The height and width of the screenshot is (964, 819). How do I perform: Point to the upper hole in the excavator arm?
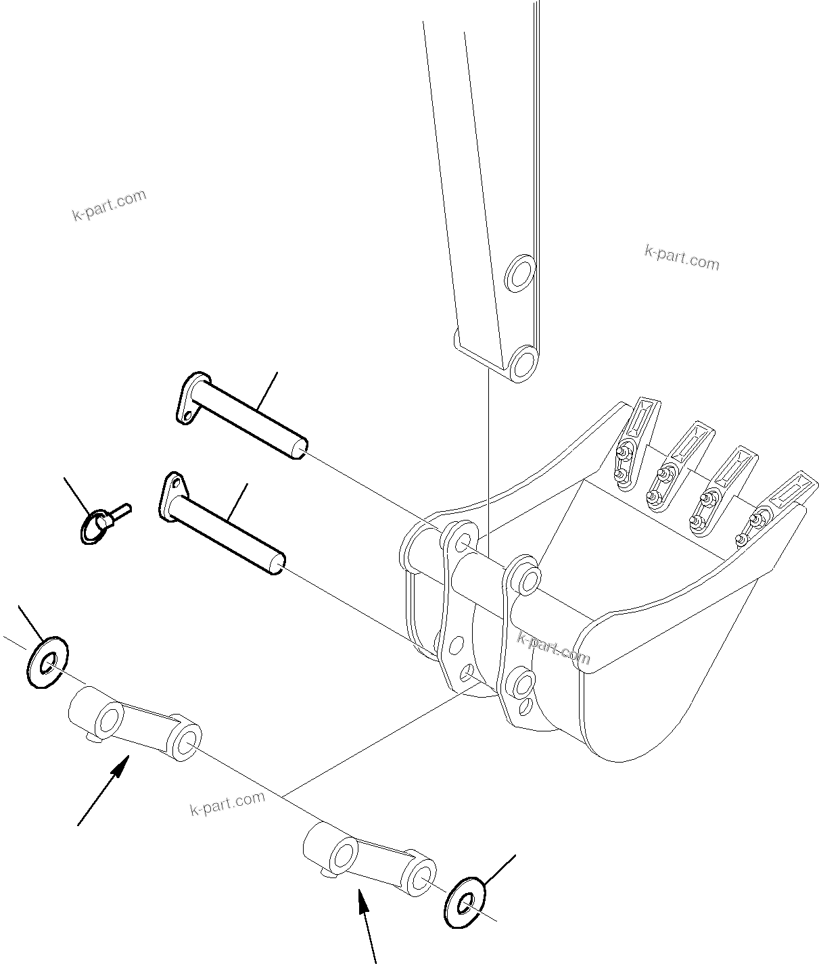tap(520, 273)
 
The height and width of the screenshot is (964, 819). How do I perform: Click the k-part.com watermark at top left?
tap(109, 205)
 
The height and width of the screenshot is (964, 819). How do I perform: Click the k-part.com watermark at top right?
tap(682, 257)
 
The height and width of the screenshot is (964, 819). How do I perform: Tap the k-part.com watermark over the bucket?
tap(553, 648)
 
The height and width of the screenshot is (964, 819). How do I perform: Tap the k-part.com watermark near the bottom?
tap(227, 803)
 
